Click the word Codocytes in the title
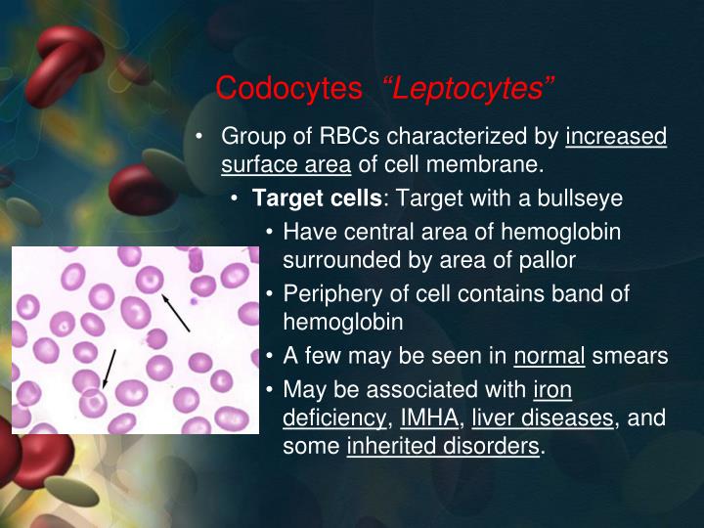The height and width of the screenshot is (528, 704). [x=288, y=89]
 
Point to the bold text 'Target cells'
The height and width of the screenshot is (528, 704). [x=317, y=198]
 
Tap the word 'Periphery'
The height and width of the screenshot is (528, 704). [x=329, y=294]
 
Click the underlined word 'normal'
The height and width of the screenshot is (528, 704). [x=550, y=356]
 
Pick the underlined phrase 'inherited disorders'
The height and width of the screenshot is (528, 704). [x=443, y=448]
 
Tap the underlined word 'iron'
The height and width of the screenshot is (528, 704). [x=552, y=389]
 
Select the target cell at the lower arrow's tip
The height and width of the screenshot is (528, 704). [x=94, y=402]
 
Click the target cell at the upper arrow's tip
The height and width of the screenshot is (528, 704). [x=151, y=281]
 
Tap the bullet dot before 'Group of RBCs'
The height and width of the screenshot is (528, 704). [x=199, y=136]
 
